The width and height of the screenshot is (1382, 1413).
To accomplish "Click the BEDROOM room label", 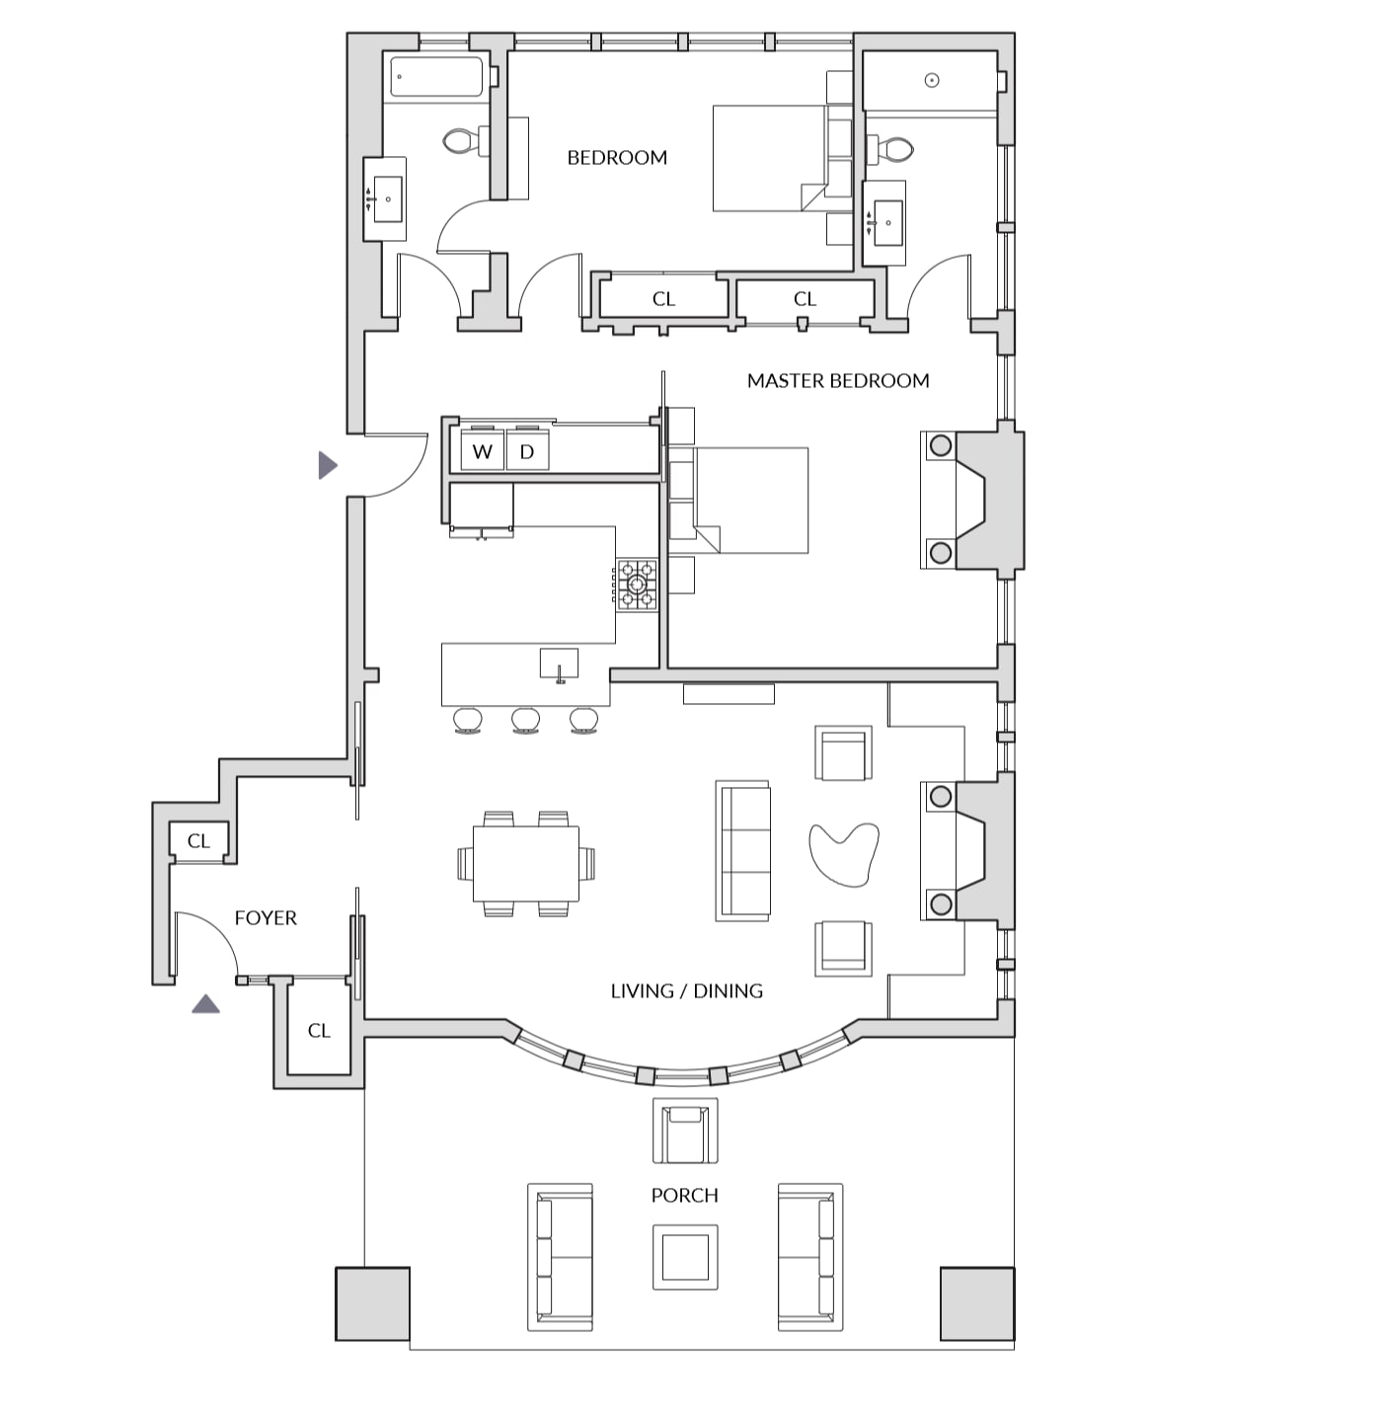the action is [x=617, y=158].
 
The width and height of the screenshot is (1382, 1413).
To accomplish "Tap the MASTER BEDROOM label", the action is [x=838, y=381].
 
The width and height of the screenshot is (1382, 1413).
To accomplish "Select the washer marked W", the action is [x=482, y=451].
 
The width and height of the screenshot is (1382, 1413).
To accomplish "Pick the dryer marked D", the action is [x=527, y=451].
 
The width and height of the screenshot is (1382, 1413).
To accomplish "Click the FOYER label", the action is [x=266, y=918].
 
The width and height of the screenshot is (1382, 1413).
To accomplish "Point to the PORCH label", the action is [x=684, y=1195].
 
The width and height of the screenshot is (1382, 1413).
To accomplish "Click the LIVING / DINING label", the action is [x=687, y=991].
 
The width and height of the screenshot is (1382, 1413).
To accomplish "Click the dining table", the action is [x=526, y=863].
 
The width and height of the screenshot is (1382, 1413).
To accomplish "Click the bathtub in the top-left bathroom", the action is [x=436, y=77].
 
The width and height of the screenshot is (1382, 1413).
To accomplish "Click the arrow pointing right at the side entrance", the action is [x=328, y=465].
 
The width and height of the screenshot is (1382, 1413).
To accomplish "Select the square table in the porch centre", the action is [x=685, y=1258].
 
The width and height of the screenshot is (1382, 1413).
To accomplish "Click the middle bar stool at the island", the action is [x=525, y=720].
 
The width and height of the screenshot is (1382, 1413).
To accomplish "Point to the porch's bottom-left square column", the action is [x=372, y=1304].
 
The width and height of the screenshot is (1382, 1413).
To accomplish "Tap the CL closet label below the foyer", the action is [x=320, y=1031].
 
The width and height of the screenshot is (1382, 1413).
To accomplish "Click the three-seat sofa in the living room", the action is [x=742, y=851].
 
